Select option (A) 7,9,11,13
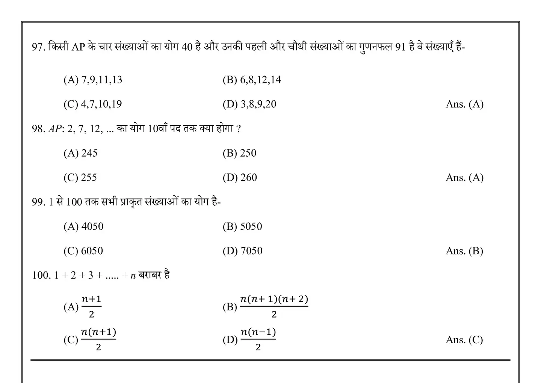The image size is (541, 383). (93, 80)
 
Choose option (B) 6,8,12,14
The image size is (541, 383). (251, 80)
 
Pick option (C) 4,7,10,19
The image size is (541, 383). (92, 104)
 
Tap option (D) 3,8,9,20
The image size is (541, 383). (249, 104)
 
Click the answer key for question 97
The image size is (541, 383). (464, 104)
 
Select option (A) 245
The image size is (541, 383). (80, 153)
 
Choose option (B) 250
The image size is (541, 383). (239, 153)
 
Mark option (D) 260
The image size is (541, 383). (240, 178)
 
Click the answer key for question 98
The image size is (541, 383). (464, 178)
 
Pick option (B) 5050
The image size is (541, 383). (242, 226)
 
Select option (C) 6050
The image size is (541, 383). (83, 251)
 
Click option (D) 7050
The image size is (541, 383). (242, 251)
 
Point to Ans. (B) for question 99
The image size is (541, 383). (464, 251)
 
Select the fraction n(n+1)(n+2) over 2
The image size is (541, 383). (274, 306)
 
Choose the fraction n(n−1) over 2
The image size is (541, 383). (258, 339)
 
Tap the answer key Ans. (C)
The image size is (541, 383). (464, 340)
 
